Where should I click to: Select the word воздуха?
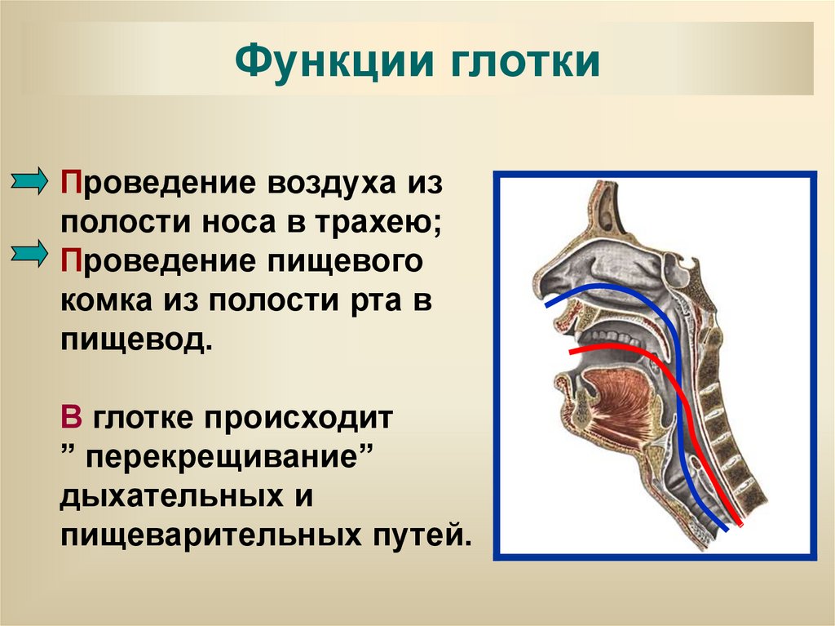tap(327, 183)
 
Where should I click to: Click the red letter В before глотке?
tap(71, 418)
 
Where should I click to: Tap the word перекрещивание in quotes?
tap(224, 456)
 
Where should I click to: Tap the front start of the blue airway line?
tap(547, 305)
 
